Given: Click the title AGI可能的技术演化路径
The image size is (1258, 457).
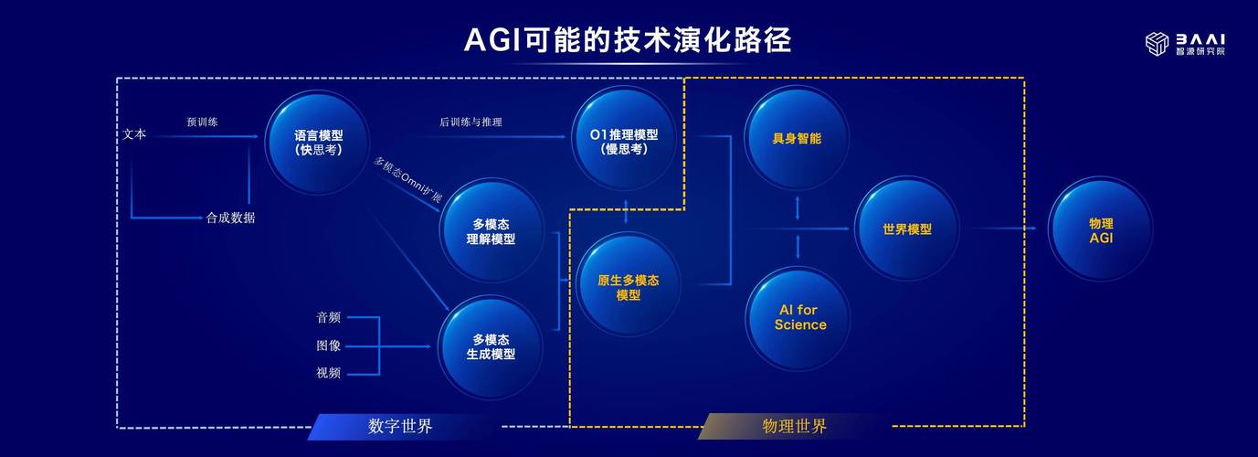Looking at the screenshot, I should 628,40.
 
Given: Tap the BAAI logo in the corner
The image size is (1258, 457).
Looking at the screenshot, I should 1185,44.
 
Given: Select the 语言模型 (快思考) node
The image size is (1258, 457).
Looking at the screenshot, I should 318,143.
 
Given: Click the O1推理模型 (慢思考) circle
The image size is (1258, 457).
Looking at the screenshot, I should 624,141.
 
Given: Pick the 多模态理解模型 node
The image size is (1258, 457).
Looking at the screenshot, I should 492,231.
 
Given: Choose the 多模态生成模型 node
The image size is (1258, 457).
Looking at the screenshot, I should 492,346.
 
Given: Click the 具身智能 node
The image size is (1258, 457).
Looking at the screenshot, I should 797,139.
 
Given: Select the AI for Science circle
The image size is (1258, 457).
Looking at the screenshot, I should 799,317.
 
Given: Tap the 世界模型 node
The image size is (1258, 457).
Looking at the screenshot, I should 906,229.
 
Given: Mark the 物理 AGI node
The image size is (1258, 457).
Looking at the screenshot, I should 1100,229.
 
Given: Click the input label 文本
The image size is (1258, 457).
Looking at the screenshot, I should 134,135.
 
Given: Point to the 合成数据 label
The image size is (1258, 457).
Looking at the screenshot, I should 230,218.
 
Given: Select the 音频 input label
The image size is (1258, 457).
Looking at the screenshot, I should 329,317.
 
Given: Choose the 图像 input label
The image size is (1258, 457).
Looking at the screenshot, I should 329,345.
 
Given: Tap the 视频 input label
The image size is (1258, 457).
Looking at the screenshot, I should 329,373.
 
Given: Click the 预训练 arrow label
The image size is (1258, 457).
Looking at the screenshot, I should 202,122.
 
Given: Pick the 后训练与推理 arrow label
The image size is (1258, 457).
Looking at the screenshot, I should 470,122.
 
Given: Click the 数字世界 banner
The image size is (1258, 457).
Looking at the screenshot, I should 400,426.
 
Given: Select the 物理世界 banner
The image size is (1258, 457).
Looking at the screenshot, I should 794,426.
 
